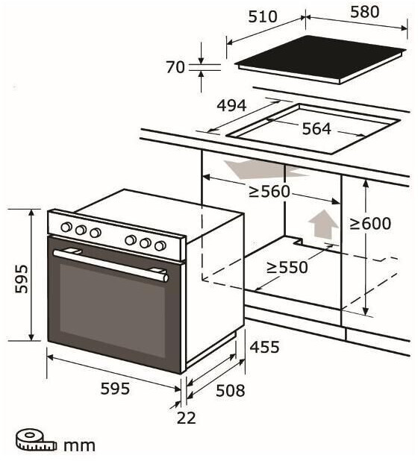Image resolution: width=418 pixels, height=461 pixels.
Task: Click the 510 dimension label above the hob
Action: click(x=263, y=16)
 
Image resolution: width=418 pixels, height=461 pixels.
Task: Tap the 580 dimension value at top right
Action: click(x=364, y=12)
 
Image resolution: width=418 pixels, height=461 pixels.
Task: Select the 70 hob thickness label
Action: click(x=175, y=67)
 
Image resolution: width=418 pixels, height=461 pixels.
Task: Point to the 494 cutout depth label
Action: click(x=231, y=105)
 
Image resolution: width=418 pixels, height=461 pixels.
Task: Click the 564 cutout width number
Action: click(x=316, y=129)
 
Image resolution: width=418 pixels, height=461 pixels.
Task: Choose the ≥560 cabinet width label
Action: click(x=269, y=192)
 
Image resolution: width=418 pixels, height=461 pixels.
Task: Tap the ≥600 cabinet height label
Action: click(x=371, y=224)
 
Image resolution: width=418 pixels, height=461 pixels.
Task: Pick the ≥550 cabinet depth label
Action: click(x=287, y=268)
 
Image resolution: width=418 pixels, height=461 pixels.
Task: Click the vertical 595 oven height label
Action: click(x=22, y=279)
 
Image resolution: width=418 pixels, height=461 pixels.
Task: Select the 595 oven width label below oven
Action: click(x=115, y=389)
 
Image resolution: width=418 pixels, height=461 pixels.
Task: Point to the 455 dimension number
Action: click(x=264, y=347)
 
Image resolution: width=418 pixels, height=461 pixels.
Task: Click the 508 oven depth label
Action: click(x=231, y=391)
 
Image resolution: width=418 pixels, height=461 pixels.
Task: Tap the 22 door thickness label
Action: click(x=186, y=418)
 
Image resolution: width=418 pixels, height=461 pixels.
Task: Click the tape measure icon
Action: click(x=36, y=440)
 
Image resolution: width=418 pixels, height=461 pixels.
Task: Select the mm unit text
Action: click(x=79, y=446)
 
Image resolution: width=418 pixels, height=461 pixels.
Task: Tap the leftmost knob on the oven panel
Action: click(x=66, y=227)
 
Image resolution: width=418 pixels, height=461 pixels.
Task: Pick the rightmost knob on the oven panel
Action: click(x=160, y=245)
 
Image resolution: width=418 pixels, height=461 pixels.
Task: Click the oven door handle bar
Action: click(x=111, y=265)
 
